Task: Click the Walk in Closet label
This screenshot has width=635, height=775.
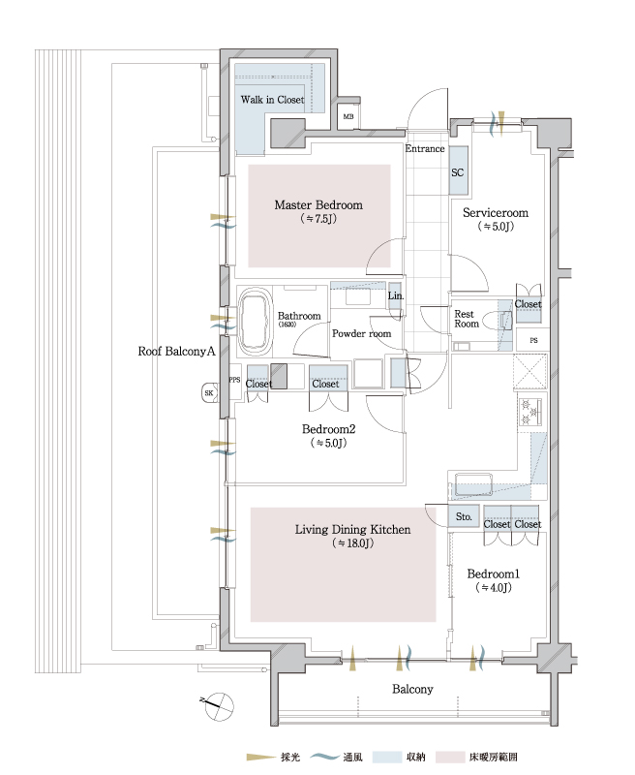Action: [x=272, y=100]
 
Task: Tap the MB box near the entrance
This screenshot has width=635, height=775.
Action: [x=348, y=117]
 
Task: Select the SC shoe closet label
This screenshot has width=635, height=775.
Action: [x=458, y=172]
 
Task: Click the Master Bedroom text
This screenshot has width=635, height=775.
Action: [x=318, y=204]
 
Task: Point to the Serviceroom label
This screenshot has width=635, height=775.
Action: [x=495, y=212]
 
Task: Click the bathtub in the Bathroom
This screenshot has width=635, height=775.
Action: [x=255, y=321]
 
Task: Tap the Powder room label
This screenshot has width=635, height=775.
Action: [x=361, y=333]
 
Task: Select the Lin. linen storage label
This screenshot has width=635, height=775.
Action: [x=395, y=295]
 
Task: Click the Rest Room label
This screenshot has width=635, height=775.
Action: [x=467, y=319]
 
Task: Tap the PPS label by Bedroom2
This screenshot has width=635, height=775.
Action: [x=234, y=380]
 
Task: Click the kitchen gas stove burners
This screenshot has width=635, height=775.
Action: [x=531, y=412]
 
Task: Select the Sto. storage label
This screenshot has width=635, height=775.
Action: [x=465, y=517]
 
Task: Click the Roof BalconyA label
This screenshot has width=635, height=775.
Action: [x=175, y=354]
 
